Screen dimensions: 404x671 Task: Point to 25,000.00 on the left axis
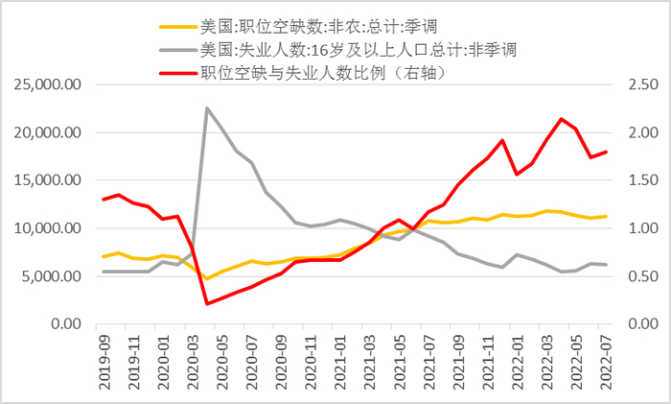pyautogui.click(x=48, y=84)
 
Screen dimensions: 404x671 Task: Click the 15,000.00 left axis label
pyautogui.click(x=48, y=180)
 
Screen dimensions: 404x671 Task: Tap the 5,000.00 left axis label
pyautogui.click(x=52, y=276)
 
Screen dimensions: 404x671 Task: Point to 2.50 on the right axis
pyautogui.click(x=642, y=84)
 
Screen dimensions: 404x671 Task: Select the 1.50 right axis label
pyautogui.click(x=642, y=180)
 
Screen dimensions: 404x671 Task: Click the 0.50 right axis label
pyautogui.click(x=642, y=276)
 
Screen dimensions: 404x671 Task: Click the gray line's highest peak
pyautogui.click(x=207, y=108)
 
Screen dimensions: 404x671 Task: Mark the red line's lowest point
pyautogui.click(x=207, y=303)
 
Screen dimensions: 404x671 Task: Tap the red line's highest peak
pyautogui.click(x=561, y=119)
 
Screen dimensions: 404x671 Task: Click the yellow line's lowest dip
pyautogui.click(x=207, y=278)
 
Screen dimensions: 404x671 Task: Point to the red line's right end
pyautogui.click(x=605, y=152)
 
